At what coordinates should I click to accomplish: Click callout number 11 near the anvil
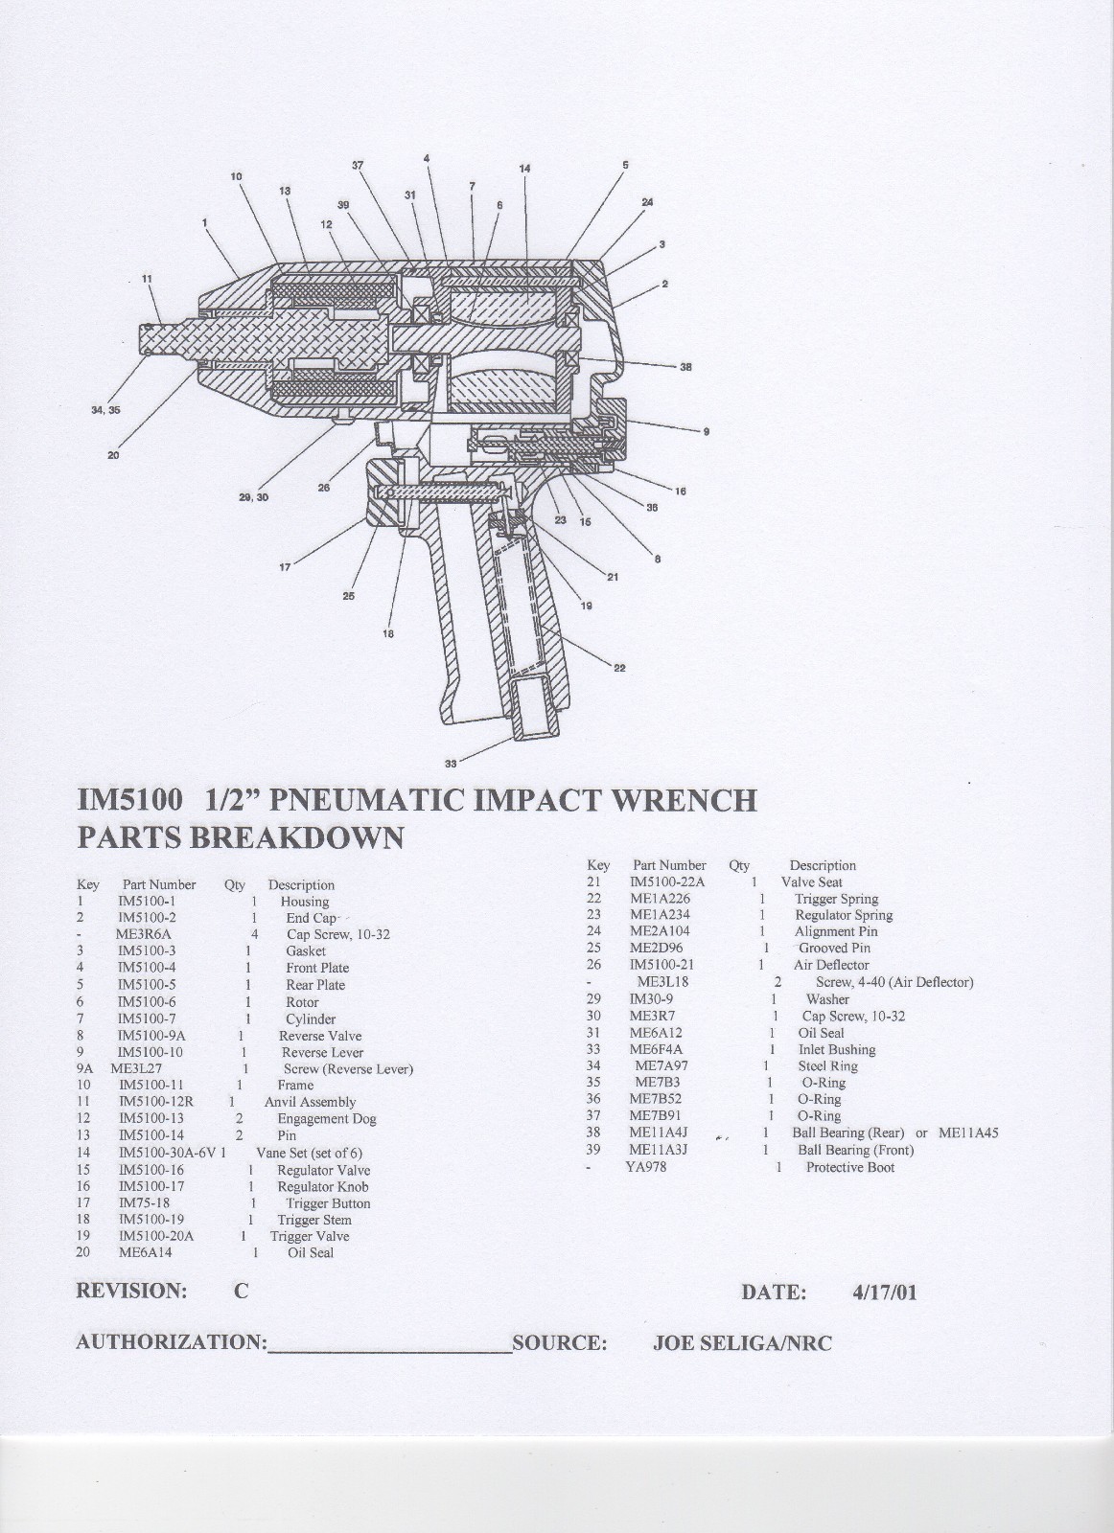(147, 279)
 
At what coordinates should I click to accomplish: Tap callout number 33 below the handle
(451, 764)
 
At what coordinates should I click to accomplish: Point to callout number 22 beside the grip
(619, 668)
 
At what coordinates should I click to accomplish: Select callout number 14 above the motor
(524, 169)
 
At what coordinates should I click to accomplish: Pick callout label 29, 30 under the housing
(253, 497)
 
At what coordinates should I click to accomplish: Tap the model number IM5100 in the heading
(128, 799)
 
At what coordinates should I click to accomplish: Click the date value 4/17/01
(884, 1292)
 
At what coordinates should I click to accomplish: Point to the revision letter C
(242, 1291)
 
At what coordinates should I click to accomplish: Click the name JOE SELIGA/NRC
(741, 1343)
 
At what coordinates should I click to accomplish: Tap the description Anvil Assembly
(310, 1102)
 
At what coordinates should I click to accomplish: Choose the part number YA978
(645, 1167)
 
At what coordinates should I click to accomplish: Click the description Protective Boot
(849, 1167)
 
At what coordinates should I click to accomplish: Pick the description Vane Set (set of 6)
(309, 1153)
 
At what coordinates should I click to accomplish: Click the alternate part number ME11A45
(968, 1133)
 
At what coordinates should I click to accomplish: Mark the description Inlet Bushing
(836, 1050)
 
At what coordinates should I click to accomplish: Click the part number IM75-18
(144, 1202)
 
